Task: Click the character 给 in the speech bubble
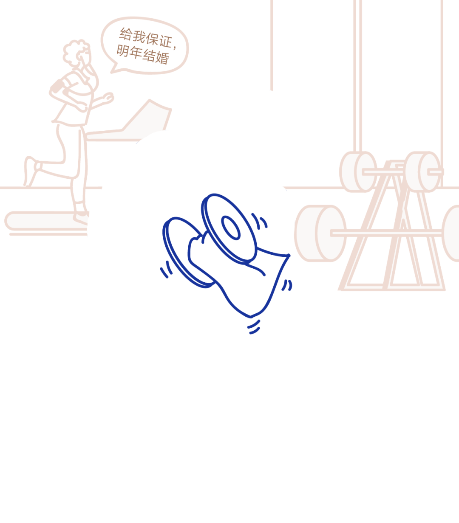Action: [126, 34]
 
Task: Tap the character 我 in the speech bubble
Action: [139, 37]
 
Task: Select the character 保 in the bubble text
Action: [152, 39]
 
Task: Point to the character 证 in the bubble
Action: [165, 41]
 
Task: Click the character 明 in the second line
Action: [123, 51]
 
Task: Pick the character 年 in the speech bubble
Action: [136, 53]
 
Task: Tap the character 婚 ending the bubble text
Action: [162, 57]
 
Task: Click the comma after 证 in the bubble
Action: [175, 47]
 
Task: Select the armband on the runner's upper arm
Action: [57, 86]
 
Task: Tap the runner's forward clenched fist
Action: [108, 98]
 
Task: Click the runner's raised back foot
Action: [30, 170]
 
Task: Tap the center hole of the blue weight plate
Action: [231, 228]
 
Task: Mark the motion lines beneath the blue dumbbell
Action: [254, 327]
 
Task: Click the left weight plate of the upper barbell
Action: [358, 172]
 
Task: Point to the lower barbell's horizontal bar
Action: [386, 233]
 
